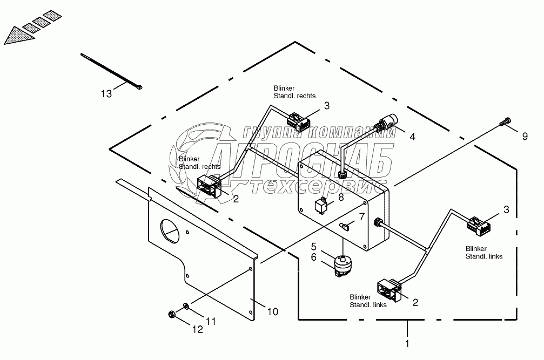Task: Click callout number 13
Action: click(x=106, y=94)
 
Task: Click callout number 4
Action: click(x=412, y=137)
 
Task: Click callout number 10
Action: click(x=273, y=311)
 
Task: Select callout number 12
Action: click(x=198, y=329)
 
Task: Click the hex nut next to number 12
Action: click(x=171, y=313)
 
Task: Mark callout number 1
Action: click(x=407, y=342)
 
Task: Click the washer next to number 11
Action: click(x=186, y=307)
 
